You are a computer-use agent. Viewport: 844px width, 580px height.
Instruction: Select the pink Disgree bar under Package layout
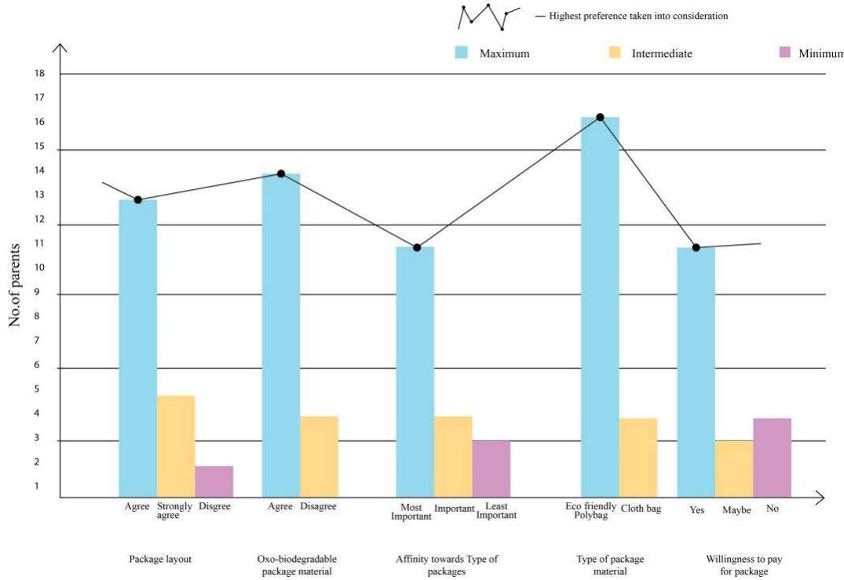214,481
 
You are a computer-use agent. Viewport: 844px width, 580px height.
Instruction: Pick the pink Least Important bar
491,469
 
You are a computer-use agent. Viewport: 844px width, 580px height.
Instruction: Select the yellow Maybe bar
734,469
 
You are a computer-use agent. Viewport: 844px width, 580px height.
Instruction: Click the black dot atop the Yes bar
696,248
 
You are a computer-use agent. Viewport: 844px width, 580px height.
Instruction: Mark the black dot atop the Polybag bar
600,117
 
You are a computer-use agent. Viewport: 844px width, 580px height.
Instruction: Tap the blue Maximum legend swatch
462,53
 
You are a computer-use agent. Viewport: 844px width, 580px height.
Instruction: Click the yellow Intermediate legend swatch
614,53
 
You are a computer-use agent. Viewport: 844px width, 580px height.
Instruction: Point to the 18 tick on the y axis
39,74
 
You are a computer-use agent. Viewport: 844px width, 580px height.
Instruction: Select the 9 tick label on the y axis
36,292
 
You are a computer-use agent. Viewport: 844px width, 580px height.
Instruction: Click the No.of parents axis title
15,285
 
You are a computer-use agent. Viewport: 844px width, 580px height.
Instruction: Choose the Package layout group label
160,560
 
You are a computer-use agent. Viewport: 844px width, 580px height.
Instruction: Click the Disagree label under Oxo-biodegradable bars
318,507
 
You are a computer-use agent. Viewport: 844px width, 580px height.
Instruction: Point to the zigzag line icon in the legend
488,16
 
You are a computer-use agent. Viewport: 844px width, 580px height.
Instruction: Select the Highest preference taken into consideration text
638,16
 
